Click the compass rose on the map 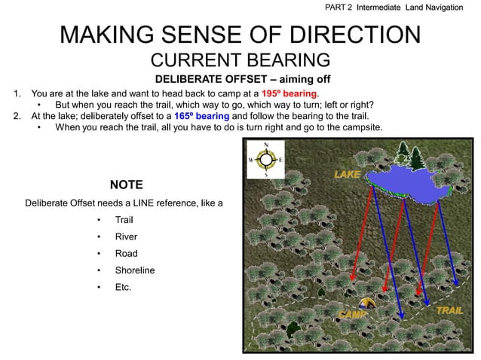[x=265, y=160]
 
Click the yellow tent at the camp [x=366, y=304]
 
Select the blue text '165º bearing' [x=201, y=116]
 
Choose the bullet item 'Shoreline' [x=135, y=270]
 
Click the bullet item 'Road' [x=126, y=253]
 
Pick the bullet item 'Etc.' [x=123, y=286]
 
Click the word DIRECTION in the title [x=343, y=35]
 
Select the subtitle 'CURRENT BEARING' [x=240, y=60]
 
